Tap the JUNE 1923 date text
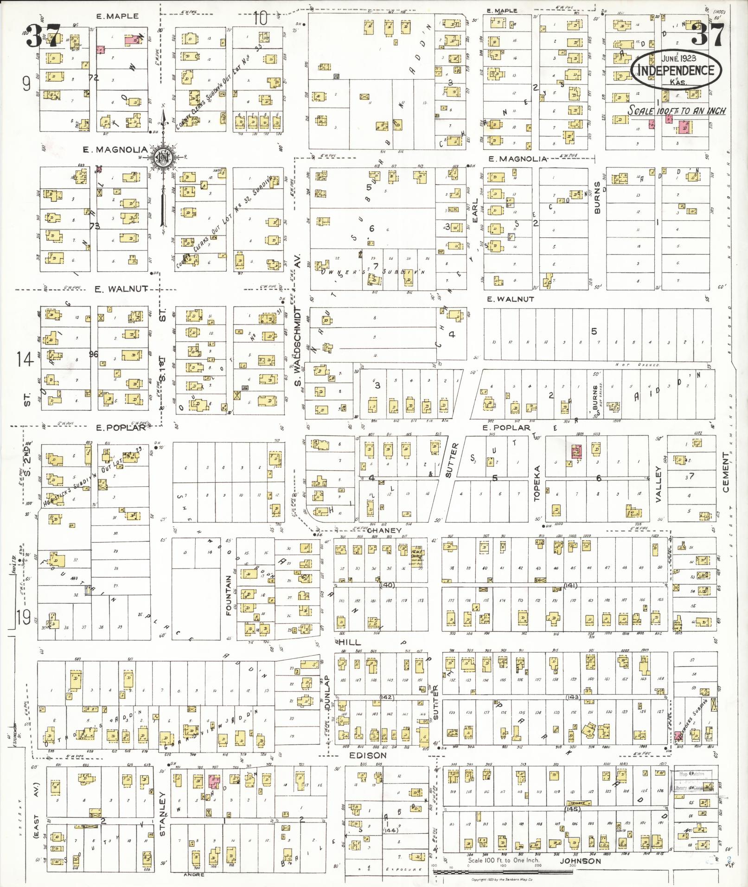tap(677, 58)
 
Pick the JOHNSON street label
tap(580, 861)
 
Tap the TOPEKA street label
tap(537, 484)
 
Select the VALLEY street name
tap(658, 484)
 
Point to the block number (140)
tap(387, 585)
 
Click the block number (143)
tap(573, 697)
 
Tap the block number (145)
tap(573, 809)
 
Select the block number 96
tap(94, 354)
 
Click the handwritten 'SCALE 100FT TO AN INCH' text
tap(677, 111)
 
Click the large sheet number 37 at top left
tap(43, 36)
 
